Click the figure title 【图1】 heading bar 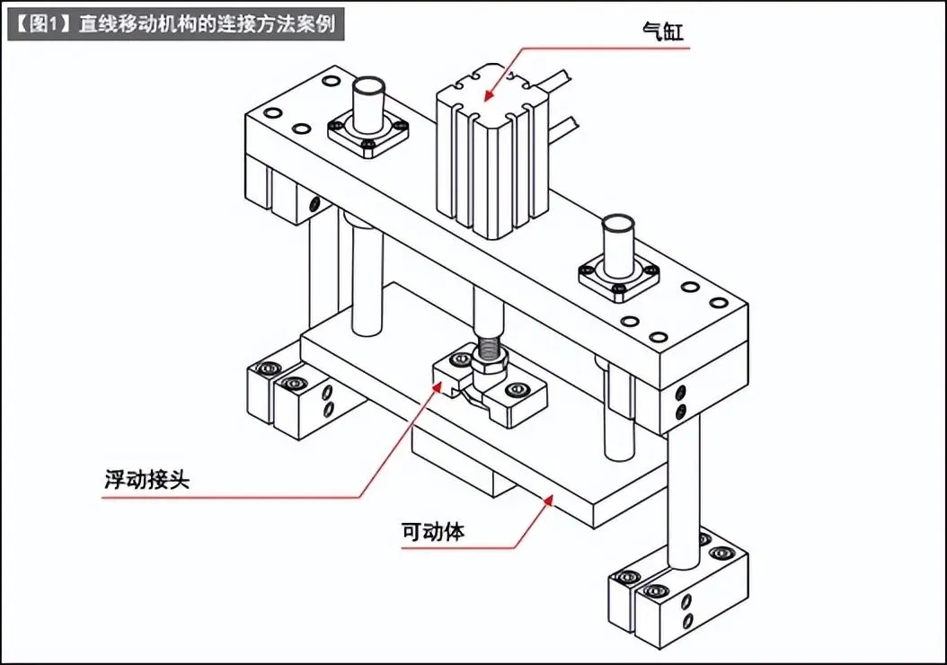coord(175,23)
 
